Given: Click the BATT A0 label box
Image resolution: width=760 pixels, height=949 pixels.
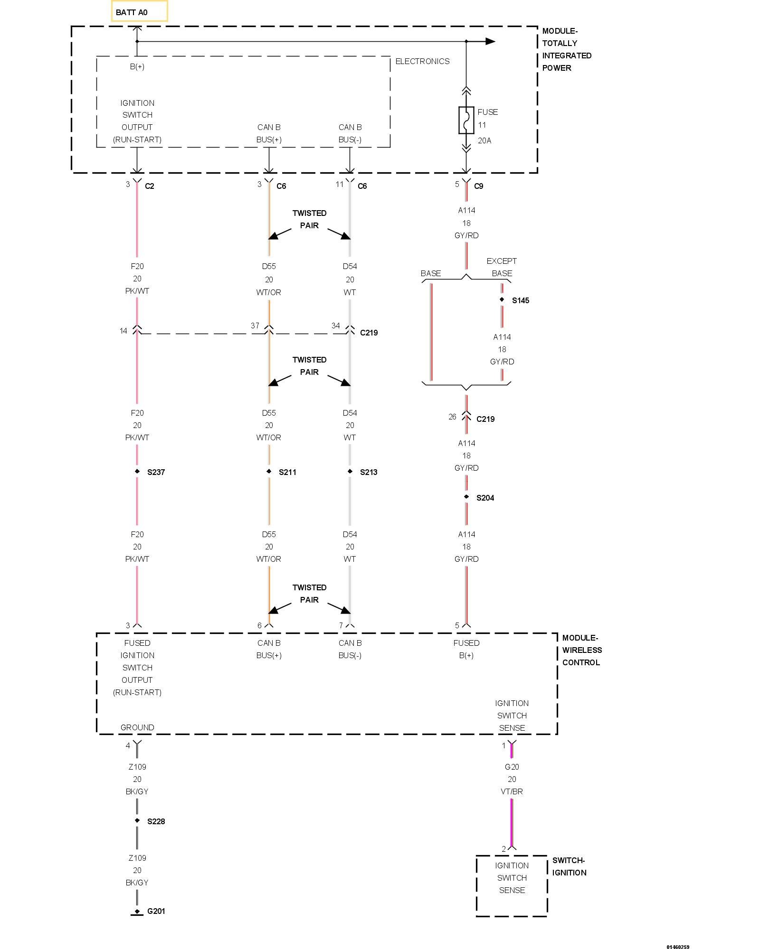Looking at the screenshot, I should [139, 11].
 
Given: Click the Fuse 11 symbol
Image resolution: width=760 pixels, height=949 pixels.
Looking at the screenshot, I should [466, 120].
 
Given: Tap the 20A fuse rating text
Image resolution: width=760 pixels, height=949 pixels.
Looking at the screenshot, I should [484, 140].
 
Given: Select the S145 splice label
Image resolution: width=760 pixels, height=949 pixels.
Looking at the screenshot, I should [520, 300].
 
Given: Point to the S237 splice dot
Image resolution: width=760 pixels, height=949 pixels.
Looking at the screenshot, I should [137, 471].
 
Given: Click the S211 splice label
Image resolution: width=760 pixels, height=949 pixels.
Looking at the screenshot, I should [287, 472].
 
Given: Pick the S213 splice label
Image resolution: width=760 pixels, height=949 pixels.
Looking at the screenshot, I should [368, 472].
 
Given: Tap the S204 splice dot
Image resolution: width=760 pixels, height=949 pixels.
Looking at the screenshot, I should [466, 497].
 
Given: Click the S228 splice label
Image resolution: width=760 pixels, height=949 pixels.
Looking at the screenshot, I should [156, 821].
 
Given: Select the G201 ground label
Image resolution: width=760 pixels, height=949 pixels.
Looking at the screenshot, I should [156, 911].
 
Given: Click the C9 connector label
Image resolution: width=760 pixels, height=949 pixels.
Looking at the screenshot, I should [478, 186].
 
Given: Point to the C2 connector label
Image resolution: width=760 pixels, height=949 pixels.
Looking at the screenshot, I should [149, 186].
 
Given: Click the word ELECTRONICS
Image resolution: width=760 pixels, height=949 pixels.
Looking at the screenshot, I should [422, 61].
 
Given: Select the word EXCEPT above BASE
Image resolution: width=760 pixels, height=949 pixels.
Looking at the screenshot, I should [501, 261].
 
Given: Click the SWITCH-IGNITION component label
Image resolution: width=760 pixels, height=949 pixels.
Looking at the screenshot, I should [569, 866].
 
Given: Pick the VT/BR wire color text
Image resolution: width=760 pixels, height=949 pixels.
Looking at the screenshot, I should [512, 791].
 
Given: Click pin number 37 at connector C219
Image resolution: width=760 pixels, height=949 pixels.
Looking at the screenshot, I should [255, 326].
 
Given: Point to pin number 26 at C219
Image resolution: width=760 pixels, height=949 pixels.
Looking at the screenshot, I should [452, 417].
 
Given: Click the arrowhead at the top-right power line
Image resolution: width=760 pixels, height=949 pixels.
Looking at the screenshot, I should [490, 41].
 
